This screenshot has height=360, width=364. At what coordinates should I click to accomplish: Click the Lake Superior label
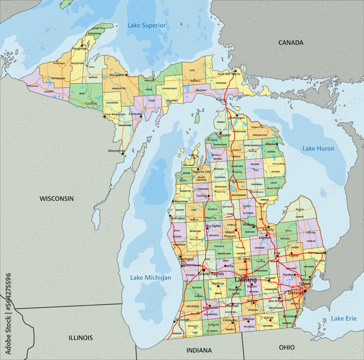click(x=146, y=25)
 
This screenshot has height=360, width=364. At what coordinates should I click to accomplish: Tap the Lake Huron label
click(x=318, y=149)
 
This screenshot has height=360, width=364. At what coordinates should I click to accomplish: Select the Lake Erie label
click(x=344, y=319)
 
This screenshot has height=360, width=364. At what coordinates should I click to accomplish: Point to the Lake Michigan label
click(x=151, y=278)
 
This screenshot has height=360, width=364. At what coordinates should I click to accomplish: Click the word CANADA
click(x=290, y=43)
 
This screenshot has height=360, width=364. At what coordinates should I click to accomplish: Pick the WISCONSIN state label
click(x=56, y=199)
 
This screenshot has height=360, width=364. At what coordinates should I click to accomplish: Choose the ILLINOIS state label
click(x=80, y=338)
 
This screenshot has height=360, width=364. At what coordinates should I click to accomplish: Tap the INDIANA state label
click(x=199, y=351)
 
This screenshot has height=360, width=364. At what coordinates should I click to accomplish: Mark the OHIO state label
click(x=287, y=347)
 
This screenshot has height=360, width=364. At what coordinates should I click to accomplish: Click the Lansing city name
click(x=246, y=280)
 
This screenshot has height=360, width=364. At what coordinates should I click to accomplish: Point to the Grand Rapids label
click(x=211, y=273)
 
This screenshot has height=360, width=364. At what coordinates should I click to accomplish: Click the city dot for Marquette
click(x=127, y=75)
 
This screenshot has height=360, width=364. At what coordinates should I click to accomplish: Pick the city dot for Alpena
click(x=277, y=144)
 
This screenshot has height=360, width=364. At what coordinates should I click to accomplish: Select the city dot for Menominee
click(x=123, y=154)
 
